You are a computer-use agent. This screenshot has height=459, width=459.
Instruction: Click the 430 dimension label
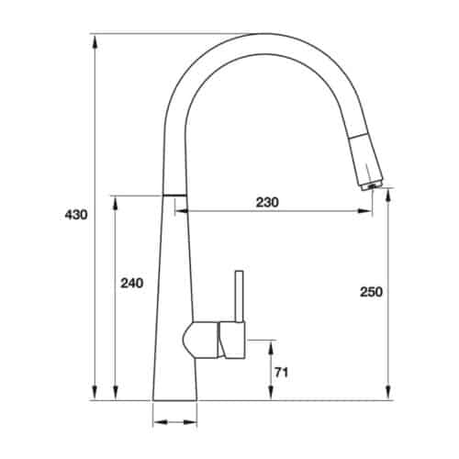click(76, 215)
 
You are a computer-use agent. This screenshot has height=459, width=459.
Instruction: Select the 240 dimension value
click(131, 284)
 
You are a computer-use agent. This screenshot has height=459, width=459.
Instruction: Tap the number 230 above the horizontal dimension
click(267, 202)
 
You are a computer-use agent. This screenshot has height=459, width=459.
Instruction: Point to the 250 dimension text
click(371, 292)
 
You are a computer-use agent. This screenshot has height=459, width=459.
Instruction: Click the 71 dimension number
click(282, 373)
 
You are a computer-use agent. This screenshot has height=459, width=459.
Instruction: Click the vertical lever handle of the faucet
click(240, 297)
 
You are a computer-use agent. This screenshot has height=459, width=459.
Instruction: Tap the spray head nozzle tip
click(372, 185)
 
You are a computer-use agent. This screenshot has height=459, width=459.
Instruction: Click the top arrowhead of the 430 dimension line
click(95, 41)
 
